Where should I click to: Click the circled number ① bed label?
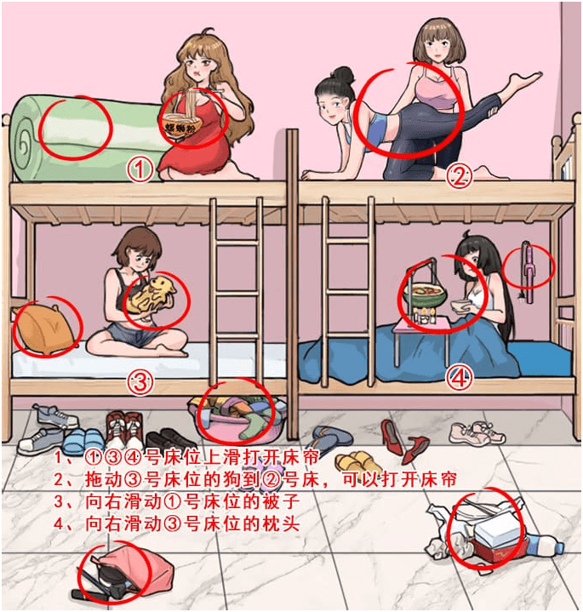coord(140,169)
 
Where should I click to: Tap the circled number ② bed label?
coord(459,176)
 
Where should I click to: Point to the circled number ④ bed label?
coord(460,377)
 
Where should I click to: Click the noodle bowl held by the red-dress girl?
coord(182,124)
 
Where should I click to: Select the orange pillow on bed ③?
coord(43,329)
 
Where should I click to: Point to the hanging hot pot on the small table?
coord(425,296)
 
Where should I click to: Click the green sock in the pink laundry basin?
coord(252,426)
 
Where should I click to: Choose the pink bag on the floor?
coord(129,570)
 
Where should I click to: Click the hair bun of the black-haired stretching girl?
coord(342,74)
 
